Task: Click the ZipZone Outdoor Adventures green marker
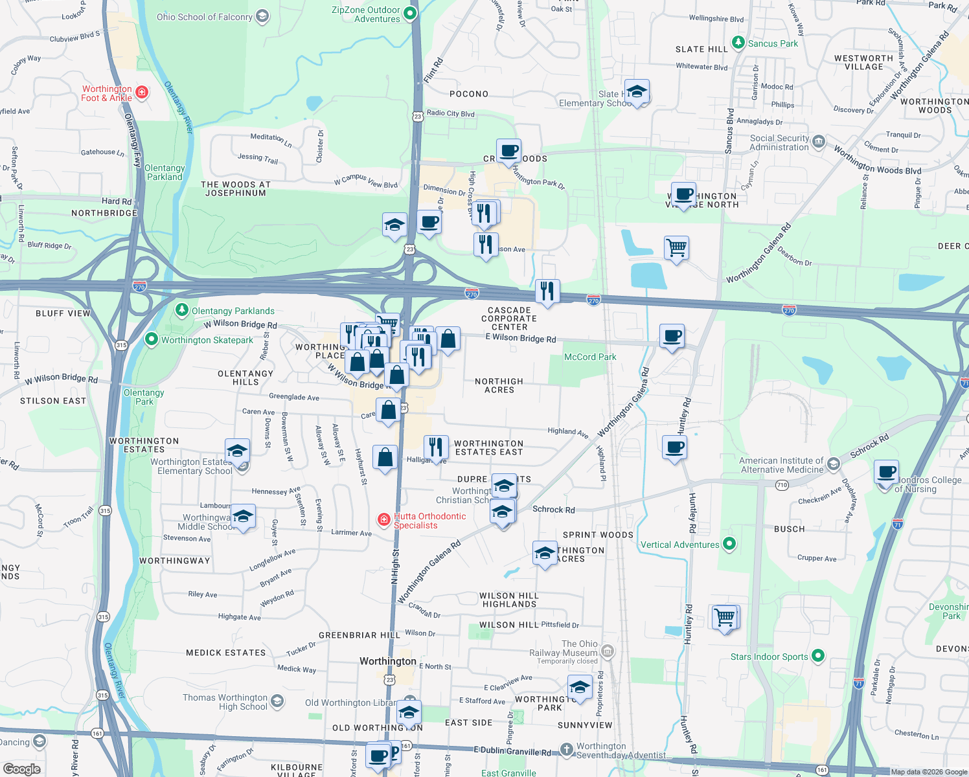409,13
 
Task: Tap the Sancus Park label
773,43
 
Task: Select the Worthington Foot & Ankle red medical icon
142,93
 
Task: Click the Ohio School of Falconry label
205,17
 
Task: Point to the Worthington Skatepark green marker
151,339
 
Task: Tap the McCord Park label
590,357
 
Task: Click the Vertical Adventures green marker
729,544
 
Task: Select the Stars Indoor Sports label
769,657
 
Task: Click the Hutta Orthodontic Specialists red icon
384,519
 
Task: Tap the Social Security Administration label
779,142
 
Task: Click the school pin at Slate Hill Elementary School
637,92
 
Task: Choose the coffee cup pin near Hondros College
885,472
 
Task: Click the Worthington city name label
388,661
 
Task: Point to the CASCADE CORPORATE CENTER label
509,319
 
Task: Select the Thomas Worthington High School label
225,702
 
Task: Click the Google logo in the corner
22,769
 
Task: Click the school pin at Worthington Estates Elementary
237,451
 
